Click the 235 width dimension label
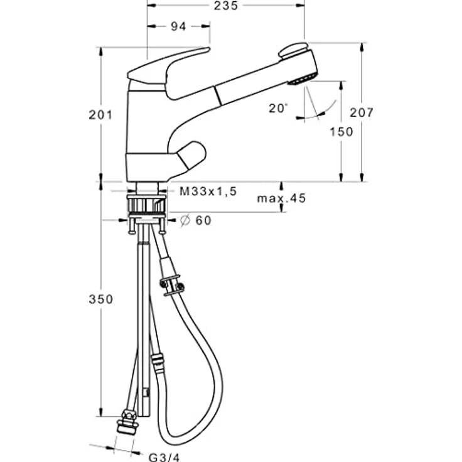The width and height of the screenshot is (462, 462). pos(225,6)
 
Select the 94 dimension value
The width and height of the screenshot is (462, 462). pos(178,27)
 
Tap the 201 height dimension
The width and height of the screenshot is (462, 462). pos(100,115)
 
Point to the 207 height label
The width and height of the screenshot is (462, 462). pos(362,112)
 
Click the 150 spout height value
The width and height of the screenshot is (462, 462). pos(341,131)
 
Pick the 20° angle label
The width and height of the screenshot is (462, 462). pos(278,108)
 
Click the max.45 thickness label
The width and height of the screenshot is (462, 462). pos(281,199)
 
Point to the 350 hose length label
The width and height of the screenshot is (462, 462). pos(100,299)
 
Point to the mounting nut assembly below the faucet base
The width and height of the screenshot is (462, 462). pos(148,207)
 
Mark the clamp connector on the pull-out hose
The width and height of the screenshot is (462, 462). pos(171,283)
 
